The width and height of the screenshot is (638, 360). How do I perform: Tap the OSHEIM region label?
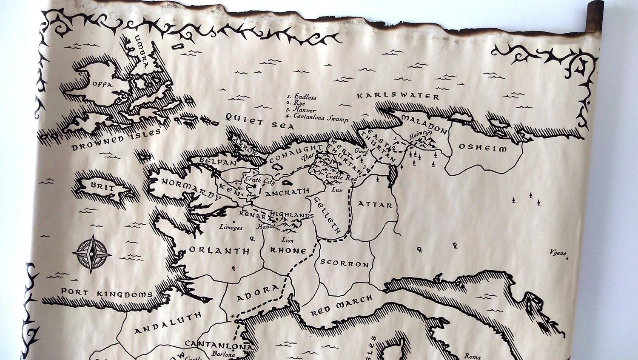482,148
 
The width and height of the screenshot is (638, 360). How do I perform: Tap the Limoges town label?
231,228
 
